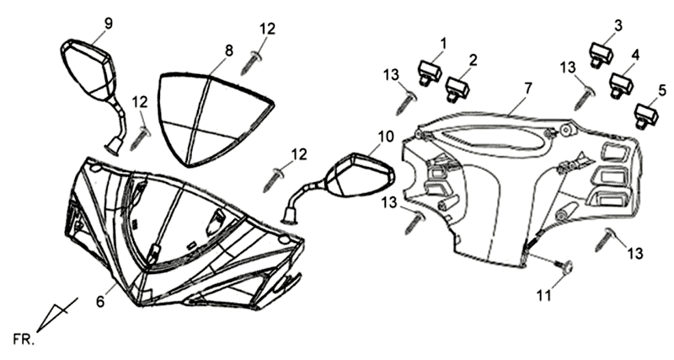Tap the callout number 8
tap(228, 51)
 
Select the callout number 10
tap(385, 136)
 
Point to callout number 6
tap(100, 301)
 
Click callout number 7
tap(528, 88)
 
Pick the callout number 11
tap(544, 296)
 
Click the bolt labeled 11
tap(567, 268)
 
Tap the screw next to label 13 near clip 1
tap(405, 102)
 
